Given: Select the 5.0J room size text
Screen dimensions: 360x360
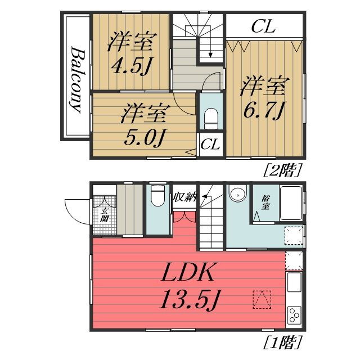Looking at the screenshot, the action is click(x=145, y=138).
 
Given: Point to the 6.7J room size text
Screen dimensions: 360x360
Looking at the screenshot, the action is click(x=262, y=110).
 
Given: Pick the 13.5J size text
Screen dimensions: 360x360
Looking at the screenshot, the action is click(x=188, y=299).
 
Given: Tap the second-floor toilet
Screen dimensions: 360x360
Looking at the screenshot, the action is click(x=211, y=119).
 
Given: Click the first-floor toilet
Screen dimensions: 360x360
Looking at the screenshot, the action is click(x=157, y=195).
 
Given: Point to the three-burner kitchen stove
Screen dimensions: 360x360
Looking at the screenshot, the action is click(x=294, y=315).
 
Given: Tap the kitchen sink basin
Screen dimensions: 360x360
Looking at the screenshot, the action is click(x=294, y=282).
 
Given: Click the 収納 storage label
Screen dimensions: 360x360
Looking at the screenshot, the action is click(x=184, y=197).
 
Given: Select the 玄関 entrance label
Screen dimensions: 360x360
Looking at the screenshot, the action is click(x=104, y=215).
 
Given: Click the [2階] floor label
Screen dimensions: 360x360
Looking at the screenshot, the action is click(x=282, y=170).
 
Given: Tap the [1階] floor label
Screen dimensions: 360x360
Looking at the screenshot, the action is click(x=282, y=343).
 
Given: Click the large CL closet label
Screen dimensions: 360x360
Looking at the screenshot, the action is click(x=263, y=26).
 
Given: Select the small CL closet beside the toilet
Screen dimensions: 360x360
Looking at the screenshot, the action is click(x=210, y=145).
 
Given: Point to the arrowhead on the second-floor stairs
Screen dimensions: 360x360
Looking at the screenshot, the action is click(x=210, y=55).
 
